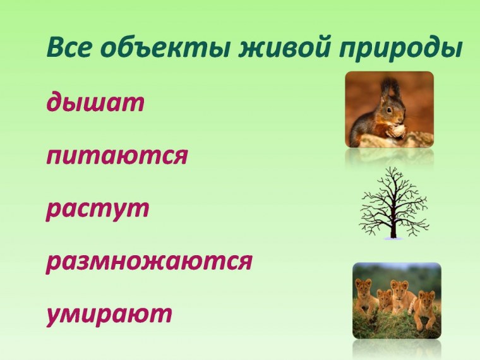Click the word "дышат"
(95, 103)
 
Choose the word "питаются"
(117, 155)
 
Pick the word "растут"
(97, 208)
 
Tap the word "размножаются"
(149, 261)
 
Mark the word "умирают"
(109, 314)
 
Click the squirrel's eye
(390, 110)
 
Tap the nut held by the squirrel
(396, 130)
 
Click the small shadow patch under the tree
(393, 238)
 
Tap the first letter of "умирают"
(55, 315)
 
